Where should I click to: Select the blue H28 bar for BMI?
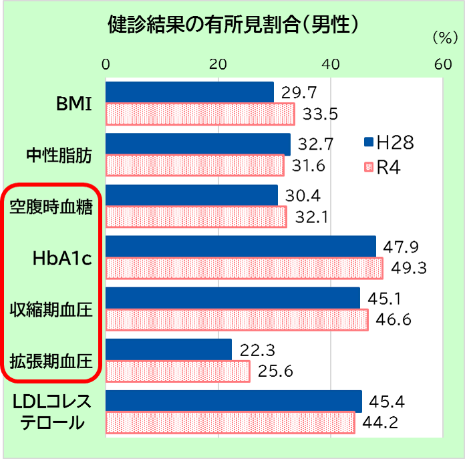tap(190, 92)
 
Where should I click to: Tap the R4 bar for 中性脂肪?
tap(194, 165)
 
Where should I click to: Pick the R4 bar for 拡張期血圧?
tap(178, 371)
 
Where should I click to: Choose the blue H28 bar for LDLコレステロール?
tap(233, 402)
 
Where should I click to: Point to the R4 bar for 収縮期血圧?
tap(237, 319)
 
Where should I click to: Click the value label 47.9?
tap(406, 247)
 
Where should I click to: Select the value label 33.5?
tap(320, 114)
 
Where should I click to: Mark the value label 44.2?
tap(380, 423)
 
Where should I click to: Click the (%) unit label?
tap(443, 38)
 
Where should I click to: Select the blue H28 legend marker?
tap(367, 141)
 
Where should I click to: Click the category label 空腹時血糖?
tap(51, 207)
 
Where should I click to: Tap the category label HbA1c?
tap(61, 258)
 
